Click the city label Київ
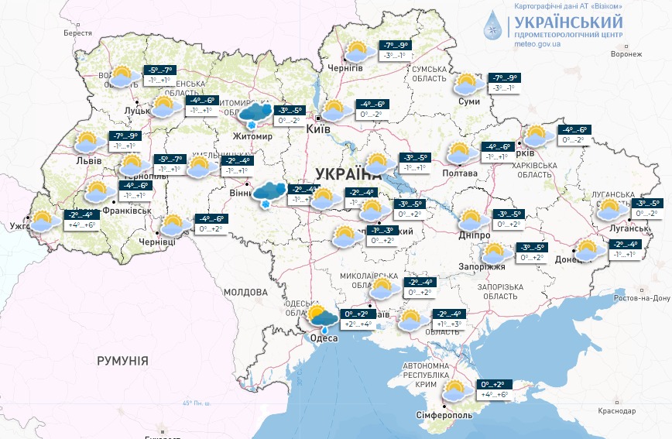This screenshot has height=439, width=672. (x=320, y=129)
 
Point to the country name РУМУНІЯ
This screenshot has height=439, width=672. (x=122, y=361)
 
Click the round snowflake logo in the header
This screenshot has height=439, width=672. (x=492, y=26)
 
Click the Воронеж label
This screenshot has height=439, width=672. (x=626, y=54)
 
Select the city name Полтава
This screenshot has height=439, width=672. (x=459, y=173)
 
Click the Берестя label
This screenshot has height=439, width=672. (x=77, y=33)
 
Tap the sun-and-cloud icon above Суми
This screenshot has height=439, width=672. (x=468, y=84)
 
